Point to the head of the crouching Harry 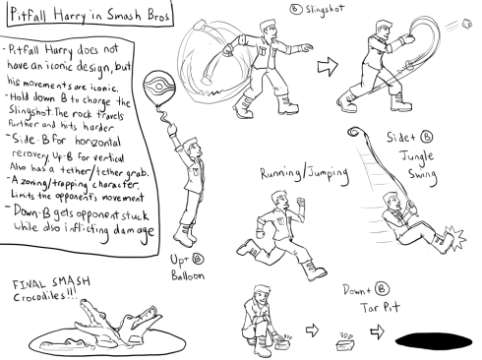(x=262, y=292)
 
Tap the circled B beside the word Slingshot (x=295, y=9)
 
